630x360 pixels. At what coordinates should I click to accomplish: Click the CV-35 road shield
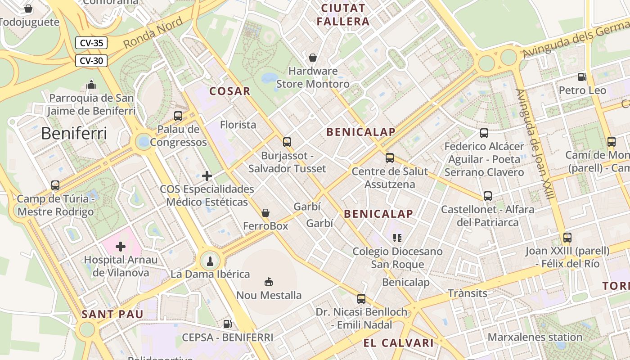pyautogui.click(x=92, y=43)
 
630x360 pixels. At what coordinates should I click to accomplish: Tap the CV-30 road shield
pyautogui.click(x=92, y=60)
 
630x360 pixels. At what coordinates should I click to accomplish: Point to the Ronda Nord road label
pyautogui.click(x=153, y=33)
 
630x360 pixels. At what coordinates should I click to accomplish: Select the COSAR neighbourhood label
pyautogui.click(x=229, y=91)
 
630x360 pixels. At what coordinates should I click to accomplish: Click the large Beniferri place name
pyautogui.click(x=74, y=134)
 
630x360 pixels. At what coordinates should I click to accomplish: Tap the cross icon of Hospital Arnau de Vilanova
pyautogui.click(x=121, y=246)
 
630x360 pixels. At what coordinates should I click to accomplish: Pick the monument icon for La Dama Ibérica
pyautogui.click(x=210, y=260)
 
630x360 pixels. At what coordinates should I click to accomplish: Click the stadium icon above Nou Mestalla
pyautogui.click(x=269, y=282)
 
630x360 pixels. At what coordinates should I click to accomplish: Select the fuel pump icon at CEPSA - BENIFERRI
pyautogui.click(x=228, y=324)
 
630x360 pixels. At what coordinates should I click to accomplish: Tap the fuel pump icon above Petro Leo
pyautogui.click(x=582, y=77)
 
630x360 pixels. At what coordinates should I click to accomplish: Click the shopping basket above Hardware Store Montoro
pyautogui.click(x=312, y=58)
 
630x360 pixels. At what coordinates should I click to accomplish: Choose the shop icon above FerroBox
pyautogui.click(x=265, y=212)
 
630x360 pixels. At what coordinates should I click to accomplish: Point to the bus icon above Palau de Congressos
pyautogui.click(x=178, y=116)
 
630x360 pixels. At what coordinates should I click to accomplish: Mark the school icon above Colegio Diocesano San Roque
pyautogui.click(x=397, y=238)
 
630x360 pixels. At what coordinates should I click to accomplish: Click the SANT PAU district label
pyautogui.click(x=112, y=314)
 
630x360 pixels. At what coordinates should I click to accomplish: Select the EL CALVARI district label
pyautogui.click(x=398, y=343)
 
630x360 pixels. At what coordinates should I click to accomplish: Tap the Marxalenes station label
pyautogui.click(x=535, y=337)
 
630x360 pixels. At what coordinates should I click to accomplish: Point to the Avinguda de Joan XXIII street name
pyautogui.click(x=534, y=144)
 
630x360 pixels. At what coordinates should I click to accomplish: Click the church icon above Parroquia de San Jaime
pyautogui.click(x=91, y=84)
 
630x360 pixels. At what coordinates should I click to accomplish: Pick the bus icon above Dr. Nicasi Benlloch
pyautogui.click(x=361, y=298)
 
